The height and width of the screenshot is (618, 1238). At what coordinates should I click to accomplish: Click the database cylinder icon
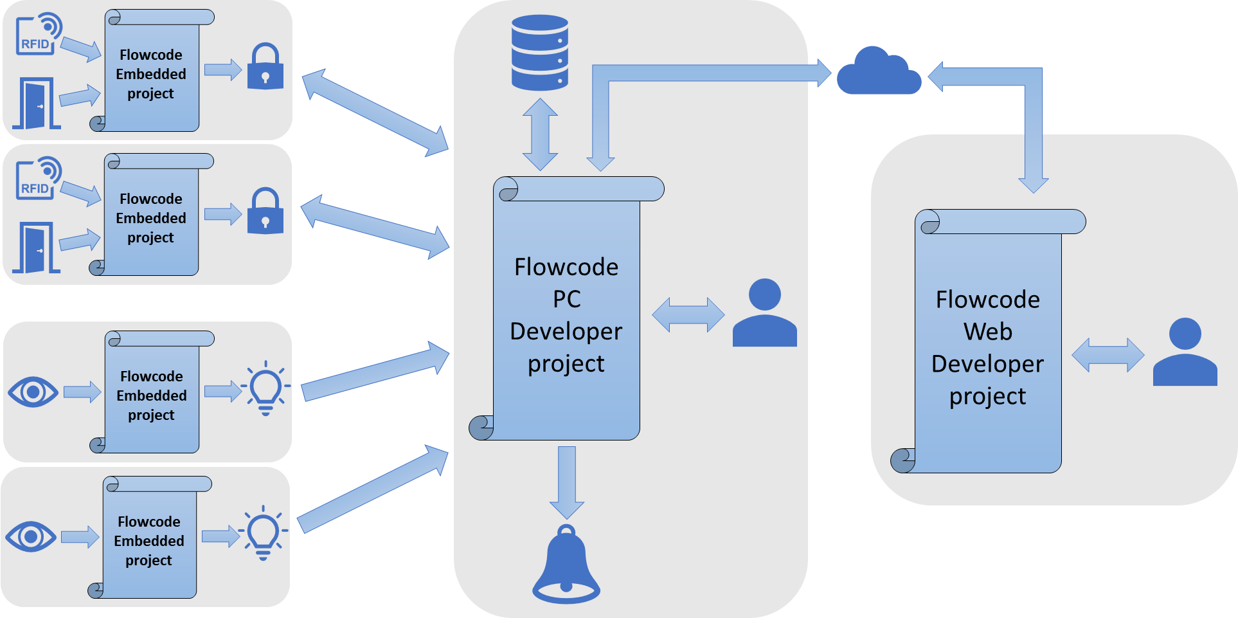point(539,53)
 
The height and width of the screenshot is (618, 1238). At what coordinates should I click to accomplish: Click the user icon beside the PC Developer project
point(764,314)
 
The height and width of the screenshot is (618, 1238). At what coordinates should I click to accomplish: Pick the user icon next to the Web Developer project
point(1185,353)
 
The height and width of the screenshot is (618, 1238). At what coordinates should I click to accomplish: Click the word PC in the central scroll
point(566,299)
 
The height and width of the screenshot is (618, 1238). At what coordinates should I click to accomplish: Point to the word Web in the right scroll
point(987,332)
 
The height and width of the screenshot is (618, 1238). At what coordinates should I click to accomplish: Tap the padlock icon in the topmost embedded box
point(265,67)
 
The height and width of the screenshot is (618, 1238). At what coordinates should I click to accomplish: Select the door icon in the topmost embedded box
point(37,104)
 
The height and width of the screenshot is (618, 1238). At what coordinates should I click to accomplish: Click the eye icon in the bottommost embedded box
point(31,536)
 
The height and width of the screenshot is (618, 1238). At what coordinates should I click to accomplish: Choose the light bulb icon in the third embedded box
point(265,388)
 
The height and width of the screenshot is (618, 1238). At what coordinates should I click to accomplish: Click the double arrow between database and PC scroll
point(540,134)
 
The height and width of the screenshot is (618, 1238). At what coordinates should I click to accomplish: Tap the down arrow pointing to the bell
point(566,482)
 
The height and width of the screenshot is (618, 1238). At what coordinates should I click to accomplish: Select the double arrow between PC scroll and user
point(688,314)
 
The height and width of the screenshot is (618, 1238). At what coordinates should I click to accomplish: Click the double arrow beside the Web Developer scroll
point(1108,355)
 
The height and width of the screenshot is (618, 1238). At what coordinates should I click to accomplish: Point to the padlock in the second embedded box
point(265,212)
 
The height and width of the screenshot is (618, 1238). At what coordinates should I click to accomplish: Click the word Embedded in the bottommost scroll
point(149,541)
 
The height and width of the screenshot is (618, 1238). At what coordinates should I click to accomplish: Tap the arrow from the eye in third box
point(82,392)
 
